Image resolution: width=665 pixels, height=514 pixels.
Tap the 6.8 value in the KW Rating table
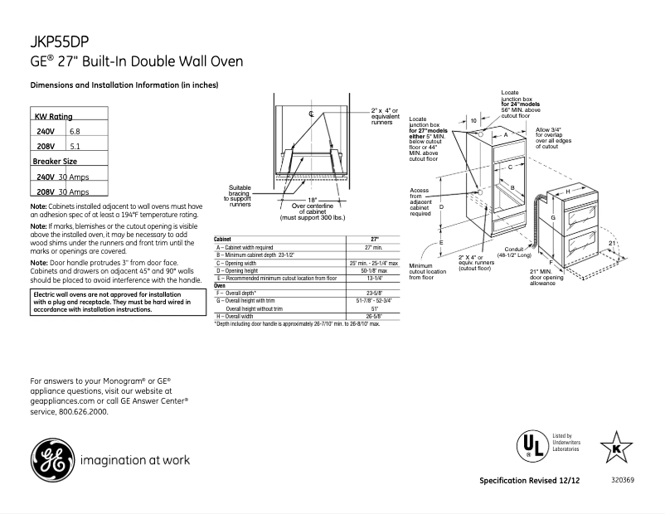[x=75, y=132]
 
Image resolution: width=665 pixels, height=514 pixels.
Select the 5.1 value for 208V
[x=75, y=146]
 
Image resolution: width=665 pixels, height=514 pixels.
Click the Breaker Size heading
[x=55, y=161]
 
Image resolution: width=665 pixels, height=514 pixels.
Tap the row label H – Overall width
[x=235, y=316]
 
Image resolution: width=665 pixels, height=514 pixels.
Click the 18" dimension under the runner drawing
[x=312, y=200]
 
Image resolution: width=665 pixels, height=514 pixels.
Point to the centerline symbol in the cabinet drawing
[x=311, y=113]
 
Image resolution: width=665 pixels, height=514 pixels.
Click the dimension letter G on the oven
[x=551, y=217]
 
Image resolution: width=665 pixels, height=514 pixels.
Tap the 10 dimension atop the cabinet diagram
[x=473, y=121]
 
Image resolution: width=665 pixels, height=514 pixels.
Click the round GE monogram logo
[x=51, y=459]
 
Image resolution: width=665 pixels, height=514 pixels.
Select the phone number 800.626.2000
[x=84, y=410]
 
